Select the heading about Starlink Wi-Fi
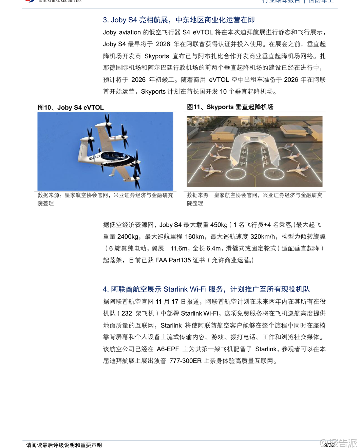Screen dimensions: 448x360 (x=206, y=289)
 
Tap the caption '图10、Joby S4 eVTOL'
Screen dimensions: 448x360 (x=71, y=108)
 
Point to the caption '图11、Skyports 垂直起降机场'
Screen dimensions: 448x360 (x=230, y=107)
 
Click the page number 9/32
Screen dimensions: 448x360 (x=329, y=445)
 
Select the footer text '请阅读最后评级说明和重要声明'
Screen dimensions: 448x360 (x=64, y=445)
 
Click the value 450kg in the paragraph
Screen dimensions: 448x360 (x=219, y=225)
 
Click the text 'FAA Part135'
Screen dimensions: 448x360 (x=173, y=260)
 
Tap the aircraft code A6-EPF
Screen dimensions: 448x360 (x=168, y=349)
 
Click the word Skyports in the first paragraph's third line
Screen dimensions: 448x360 (x=156, y=56)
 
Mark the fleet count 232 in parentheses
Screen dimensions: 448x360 (x=127, y=313)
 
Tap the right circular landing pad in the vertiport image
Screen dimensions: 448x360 (x=274, y=174)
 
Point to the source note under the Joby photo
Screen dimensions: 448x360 (x=105, y=199)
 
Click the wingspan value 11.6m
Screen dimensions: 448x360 (x=179, y=248)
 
